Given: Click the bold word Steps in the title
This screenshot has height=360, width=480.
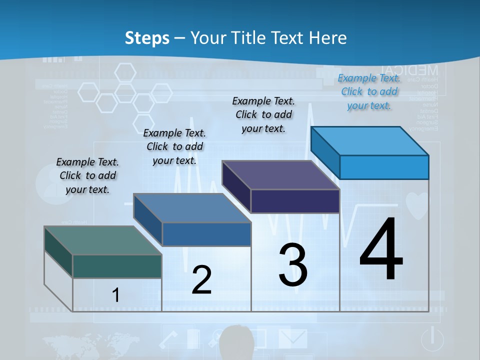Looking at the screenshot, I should [147, 38].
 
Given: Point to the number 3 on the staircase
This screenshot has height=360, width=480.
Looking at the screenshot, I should [293, 265].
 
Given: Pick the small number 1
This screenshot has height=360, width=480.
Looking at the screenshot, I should [115, 295].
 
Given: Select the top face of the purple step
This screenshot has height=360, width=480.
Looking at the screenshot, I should [280, 175].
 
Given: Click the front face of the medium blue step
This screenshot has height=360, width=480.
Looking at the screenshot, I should [206, 234].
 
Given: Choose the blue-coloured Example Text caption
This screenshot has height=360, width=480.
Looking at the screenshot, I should [369, 92].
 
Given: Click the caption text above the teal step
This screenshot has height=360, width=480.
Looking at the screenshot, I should [87, 175].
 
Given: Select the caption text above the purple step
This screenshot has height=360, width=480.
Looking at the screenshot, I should [263, 114].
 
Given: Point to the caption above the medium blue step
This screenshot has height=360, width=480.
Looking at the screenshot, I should [174, 146].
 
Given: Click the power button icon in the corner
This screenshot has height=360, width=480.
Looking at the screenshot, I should [432, 339].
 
